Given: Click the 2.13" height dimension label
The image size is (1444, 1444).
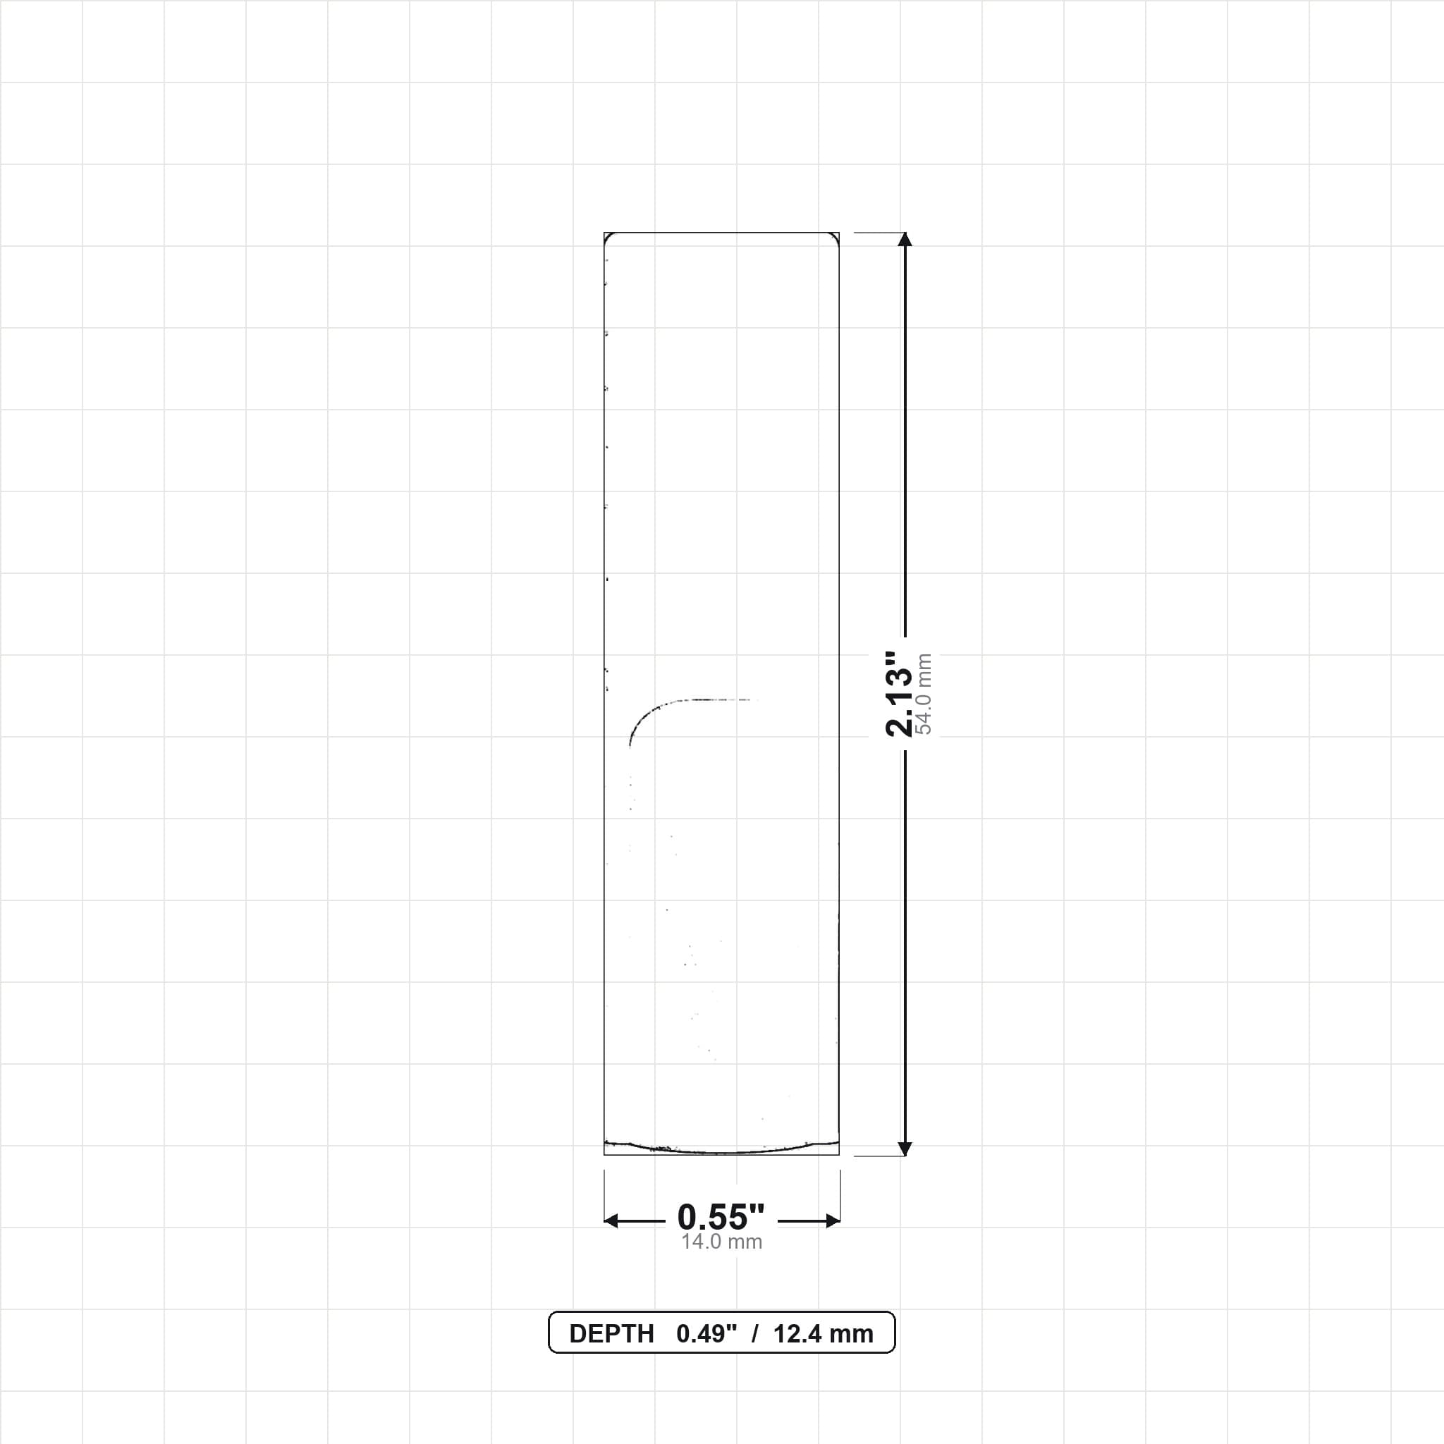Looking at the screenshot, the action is pos(899,694).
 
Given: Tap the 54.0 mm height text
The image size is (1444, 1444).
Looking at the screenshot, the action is pos(924,694).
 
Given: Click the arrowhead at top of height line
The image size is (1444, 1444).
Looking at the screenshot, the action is pos(905,239).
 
